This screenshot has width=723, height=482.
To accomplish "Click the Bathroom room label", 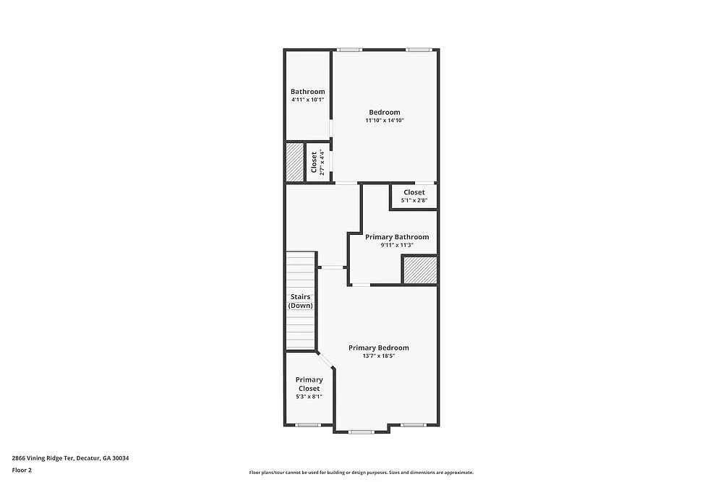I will click(307, 92).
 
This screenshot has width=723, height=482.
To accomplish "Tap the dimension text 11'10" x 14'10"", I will click(384, 121).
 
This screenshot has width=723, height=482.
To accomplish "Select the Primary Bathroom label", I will click(397, 237).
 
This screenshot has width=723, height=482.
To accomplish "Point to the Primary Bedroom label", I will click(378, 348).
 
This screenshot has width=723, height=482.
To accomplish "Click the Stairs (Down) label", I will click(301, 301).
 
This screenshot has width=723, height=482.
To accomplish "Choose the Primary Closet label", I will click(309, 384).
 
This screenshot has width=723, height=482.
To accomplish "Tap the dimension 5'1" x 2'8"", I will click(414, 200).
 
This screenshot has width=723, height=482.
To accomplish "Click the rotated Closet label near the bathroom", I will click(314, 163).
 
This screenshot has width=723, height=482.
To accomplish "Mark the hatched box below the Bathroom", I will click(294, 162).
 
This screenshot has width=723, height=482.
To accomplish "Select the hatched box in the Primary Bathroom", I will click(419, 270).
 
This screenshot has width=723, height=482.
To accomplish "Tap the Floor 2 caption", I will click(22, 470).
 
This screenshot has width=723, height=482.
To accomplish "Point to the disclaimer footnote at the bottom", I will click(361, 472).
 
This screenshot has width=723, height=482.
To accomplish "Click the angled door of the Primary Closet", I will click(325, 359).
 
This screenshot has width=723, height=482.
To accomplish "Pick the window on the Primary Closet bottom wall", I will click(308, 425).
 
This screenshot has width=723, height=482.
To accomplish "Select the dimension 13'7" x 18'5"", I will click(378, 356).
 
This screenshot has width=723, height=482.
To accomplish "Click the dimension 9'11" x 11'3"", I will click(397, 245).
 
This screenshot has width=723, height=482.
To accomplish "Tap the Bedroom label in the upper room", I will click(384, 112).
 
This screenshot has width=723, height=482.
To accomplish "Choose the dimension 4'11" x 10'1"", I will click(307, 100).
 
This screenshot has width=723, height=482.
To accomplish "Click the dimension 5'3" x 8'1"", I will click(309, 396).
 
